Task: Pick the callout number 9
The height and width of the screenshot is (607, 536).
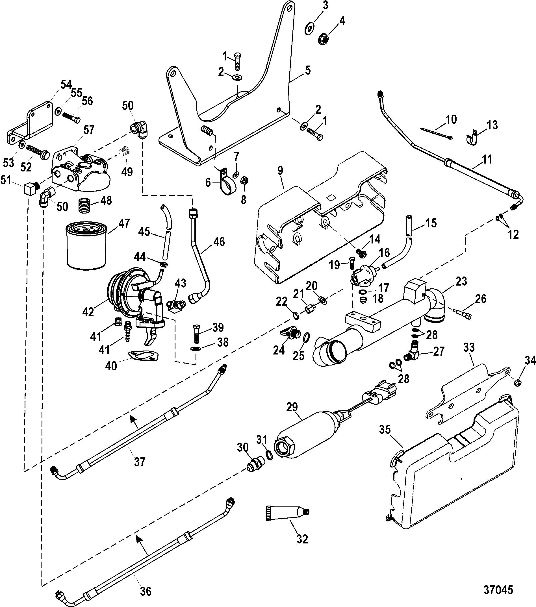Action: (280, 171)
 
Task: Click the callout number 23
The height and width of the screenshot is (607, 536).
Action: (461, 281)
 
